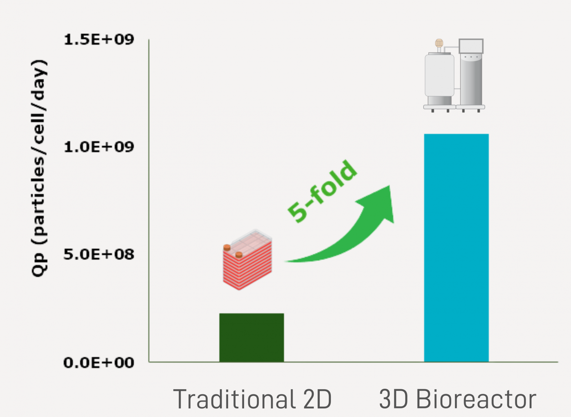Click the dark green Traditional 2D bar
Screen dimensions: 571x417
(x=252, y=337)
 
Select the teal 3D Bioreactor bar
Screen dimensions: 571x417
(x=456, y=248)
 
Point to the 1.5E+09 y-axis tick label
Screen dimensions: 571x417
(x=99, y=40)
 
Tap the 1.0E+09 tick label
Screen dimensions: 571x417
(x=99, y=147)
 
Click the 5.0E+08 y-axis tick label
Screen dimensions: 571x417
(x=99, y=255)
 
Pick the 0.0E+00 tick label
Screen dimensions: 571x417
(x=99, y=363)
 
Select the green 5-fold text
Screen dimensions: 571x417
(x=322, y=191)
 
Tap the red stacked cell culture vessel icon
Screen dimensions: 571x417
(x=247, y=260)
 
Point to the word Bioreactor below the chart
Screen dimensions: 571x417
(x=476, y=399)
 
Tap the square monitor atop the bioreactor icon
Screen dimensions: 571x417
(x=471, y=46)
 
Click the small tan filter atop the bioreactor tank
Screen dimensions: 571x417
(x=439, y=43)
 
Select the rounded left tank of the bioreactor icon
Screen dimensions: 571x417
(x=439, y=75)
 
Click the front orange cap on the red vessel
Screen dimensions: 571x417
(x=239, y=255)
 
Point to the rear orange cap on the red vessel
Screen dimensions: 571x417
(x=227, y=247)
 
